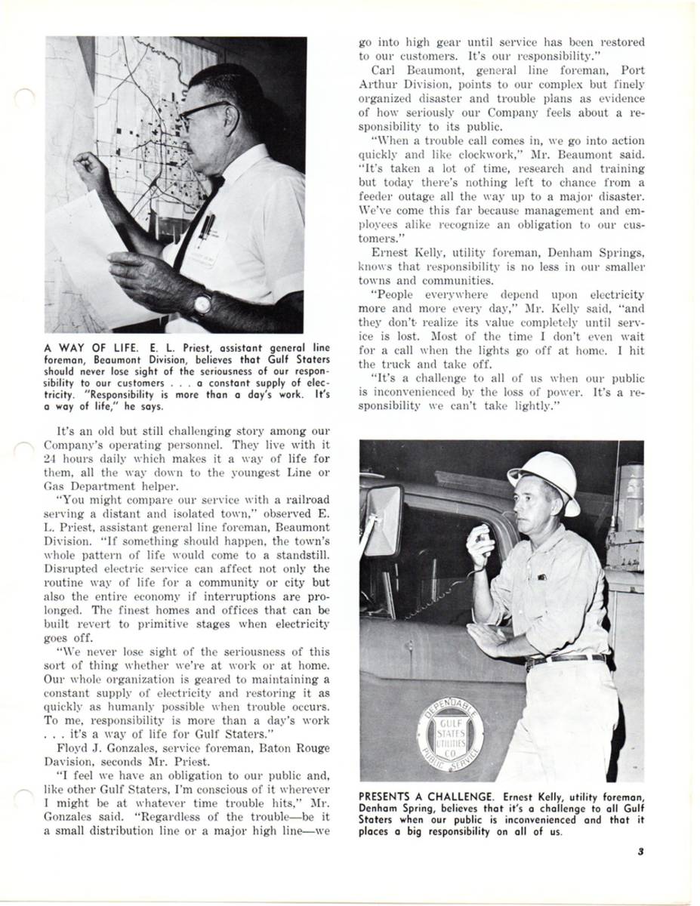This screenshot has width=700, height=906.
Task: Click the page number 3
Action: pos(640,852)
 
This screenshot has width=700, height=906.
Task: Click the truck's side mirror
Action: pos(384,521)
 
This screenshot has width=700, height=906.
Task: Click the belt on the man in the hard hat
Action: pos(566,660)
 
